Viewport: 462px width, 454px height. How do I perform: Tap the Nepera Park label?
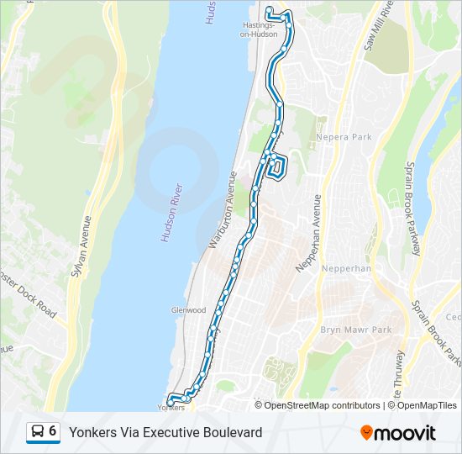click(x=343, y=136)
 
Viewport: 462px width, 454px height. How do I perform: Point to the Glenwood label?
click(x=188, y=310)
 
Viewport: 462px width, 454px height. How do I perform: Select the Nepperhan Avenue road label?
click(x=308, y=233)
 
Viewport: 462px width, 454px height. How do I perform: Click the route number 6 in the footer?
click(x=53, y=431)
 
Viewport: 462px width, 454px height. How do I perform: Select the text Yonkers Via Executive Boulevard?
click(x=165, y=432)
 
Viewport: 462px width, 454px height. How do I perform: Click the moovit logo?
click(x=398, y=433)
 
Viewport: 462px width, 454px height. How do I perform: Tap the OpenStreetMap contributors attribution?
click(x=318, y=405)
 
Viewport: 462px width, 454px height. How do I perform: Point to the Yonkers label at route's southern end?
click(x=171, y=408)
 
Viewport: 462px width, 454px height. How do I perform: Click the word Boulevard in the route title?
click(x=232, y=432)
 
